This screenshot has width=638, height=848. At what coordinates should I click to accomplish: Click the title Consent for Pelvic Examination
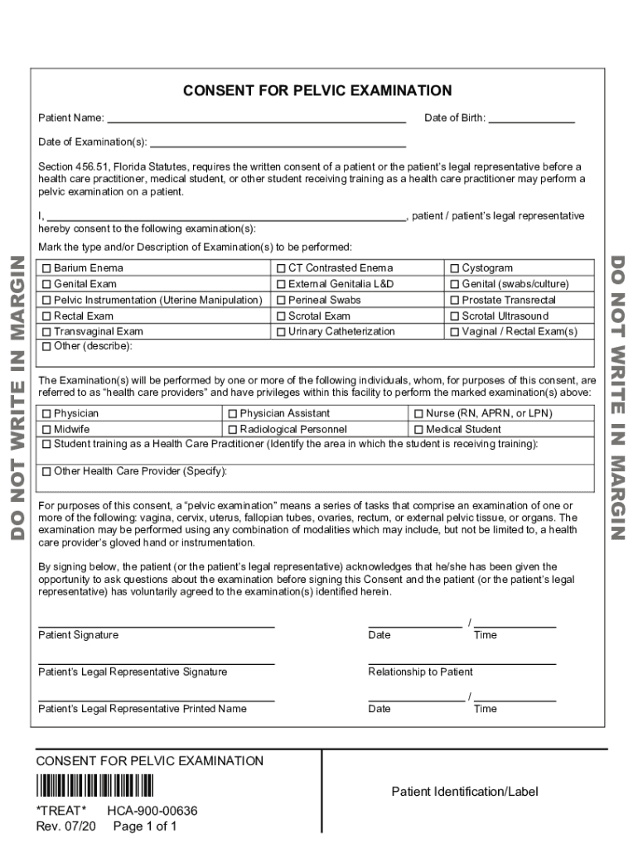pyautogui.click(x=317, y=91)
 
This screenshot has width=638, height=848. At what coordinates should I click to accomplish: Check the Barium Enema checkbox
pyautogui.click(x=46, y=268)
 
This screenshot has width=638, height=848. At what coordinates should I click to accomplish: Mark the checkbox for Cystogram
pyautogui.click(x=454, y=268)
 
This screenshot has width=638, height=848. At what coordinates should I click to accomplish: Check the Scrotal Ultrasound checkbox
pyautogui.click(x=454, y=316)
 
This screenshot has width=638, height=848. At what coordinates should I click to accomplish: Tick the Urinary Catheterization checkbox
pyautogui.click(x=282, y=332)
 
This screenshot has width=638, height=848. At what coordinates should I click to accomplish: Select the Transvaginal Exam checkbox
pyautogui.click(x=46, y=332)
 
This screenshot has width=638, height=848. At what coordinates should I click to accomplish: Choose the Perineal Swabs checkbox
pyautogui.click(x=282, y=301)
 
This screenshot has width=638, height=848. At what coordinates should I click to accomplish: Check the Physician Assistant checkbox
pyautogui.click(x=233, y=413)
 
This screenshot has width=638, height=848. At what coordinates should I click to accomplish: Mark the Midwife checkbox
pyautogui.click(x=46, y=430)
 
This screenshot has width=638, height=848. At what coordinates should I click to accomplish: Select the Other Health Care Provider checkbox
pyautogui.click(x=46, y=472)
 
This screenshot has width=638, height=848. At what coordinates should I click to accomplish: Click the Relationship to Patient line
pyautogui.click(x=462, y=662)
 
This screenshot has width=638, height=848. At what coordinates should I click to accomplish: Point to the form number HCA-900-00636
pyautogui.click(x=152, y=812)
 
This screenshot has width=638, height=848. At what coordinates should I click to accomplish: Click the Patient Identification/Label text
pyautogui.click(x=465, y=793)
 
